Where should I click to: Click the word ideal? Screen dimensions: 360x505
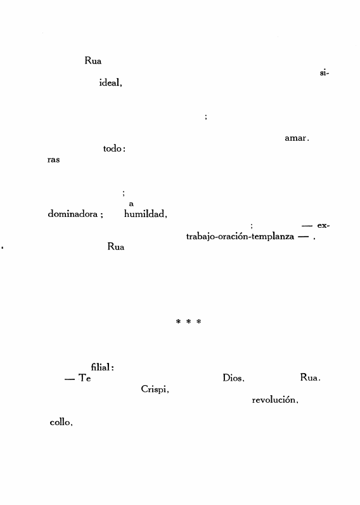point(110,82)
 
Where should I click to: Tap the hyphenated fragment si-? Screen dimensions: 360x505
point(325,73)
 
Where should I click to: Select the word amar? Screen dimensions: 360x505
point(297,138)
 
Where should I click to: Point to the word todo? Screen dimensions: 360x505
point(114,148)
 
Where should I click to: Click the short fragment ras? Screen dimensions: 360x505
point(53,160)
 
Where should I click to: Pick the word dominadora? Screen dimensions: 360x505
point(73,214)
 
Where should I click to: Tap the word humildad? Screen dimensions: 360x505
point(145,214)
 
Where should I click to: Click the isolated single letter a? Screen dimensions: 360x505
point(131,204)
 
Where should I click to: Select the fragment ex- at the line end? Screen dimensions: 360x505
point(323,225)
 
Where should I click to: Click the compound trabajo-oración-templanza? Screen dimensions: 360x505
point(240,237)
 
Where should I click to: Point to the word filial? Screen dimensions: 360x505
point(102,367)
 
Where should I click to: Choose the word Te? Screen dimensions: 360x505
point(84,377)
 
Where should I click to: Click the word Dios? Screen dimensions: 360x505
point(233,377)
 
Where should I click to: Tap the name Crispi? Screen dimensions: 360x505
point(155,389)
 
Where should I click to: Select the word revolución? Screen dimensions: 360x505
point(275,400)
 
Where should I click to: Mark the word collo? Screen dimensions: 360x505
point(61,423)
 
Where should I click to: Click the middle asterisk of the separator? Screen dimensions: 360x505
point(188,322)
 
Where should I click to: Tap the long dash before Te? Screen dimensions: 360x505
point(70,379)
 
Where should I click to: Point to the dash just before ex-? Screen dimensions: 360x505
point(307,226)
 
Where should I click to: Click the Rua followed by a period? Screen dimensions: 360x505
point(310,377)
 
